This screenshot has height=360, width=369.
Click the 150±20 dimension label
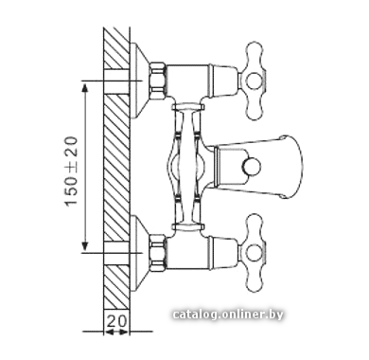tap(71, 171)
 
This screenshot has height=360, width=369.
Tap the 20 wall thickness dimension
tap(116, 321)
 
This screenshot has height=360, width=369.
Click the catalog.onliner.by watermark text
tap(228, 315)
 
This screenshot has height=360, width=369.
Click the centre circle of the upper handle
tap(254, 81)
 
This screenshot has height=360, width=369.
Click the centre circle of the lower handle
tap(254, 254)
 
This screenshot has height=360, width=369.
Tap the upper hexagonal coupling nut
tap(157, 81)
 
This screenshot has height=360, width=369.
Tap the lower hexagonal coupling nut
tap(157, 253)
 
